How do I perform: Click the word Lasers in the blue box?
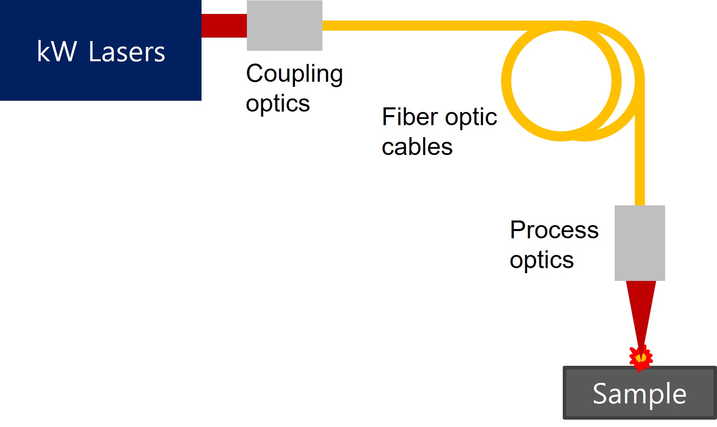[127, 52]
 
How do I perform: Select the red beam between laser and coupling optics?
[224, 26]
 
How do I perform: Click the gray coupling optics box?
[284, 25]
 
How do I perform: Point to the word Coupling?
[295, 74]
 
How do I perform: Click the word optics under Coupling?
[278, 104]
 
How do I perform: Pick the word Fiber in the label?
[410, 117]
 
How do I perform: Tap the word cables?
[417, 146]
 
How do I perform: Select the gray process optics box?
[640, 243]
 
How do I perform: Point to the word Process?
[554, 230]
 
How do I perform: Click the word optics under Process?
[542, 260]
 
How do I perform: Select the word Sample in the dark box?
[639, 394]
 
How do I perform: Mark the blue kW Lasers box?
[101, 50]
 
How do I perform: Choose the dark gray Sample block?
[639, 393]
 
